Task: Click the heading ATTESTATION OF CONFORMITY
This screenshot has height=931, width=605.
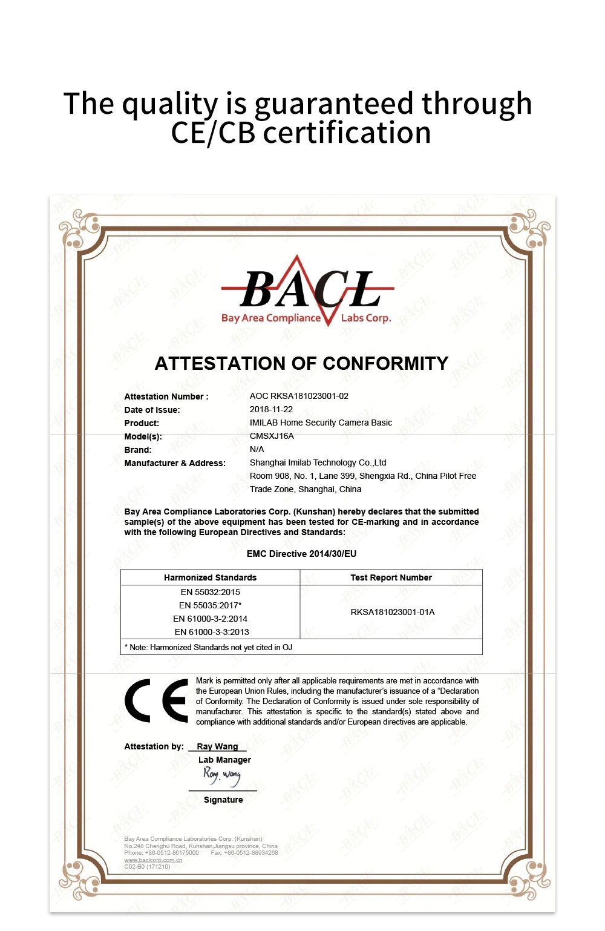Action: [301, 363]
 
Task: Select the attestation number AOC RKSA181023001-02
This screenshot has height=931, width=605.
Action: [299, 396]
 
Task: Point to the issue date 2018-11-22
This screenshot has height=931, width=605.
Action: [271, 409]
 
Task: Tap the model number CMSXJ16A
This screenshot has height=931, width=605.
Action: [272, 436]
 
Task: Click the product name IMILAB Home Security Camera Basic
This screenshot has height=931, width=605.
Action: [321, 423]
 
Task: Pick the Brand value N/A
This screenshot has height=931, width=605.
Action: [257, 449]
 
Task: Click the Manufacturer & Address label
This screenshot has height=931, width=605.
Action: [175, 463]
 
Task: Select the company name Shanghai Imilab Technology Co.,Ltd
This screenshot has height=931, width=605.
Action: [318, 462]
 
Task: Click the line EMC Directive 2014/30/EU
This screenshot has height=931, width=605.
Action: [301, 554]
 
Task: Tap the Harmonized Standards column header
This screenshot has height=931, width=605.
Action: [210, 577]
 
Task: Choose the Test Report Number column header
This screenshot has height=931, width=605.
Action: [391, 577]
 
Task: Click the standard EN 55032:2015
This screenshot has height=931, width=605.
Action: [210, 592]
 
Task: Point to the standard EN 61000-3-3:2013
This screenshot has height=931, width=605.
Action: [212, 632]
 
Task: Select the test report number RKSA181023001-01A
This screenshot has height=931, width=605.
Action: [393, 612]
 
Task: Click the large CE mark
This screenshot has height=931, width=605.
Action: [157, 701]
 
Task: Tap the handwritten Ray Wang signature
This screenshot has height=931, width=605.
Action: [222, 775]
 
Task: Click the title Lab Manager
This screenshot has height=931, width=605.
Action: [224, 760]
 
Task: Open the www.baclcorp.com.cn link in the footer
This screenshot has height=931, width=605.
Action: [153, 860]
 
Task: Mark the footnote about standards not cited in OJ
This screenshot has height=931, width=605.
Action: [209, 647]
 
